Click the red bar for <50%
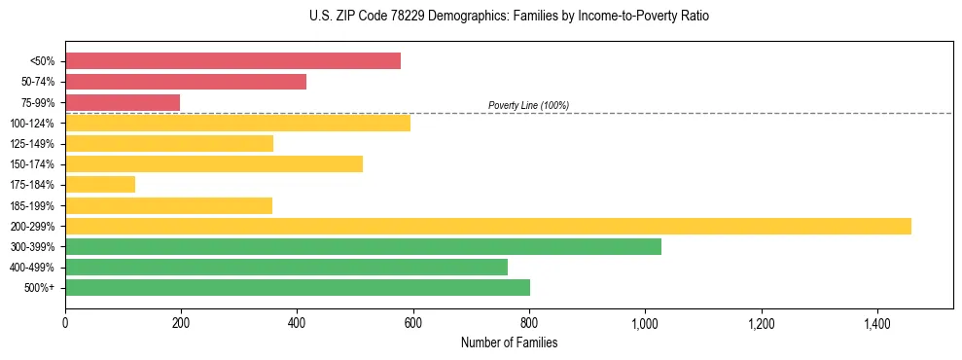(232, 60)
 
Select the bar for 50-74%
(186, 82)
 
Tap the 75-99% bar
(123, 102)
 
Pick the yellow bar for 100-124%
(237, 123)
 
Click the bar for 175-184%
(100, 184)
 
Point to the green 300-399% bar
(363, 246)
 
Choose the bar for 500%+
(298, 287)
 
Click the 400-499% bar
(286, 267)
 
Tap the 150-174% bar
(214, 163)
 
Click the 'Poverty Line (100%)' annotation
(528, 105)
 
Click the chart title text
(481, 17)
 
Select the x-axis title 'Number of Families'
(509, 342)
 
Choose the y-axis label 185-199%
(34, 205)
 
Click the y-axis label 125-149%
(34, 143)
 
